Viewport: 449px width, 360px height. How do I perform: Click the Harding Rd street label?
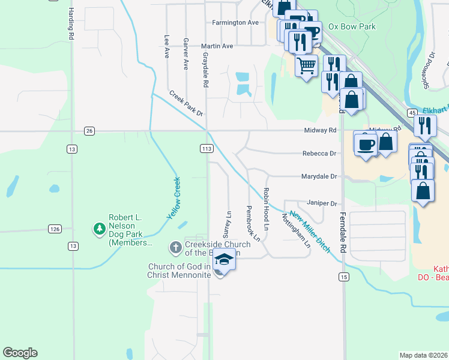click(x=71, y=25)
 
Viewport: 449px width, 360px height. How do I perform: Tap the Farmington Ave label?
click(x=235, y=23)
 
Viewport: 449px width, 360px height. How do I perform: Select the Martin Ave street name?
click(x=217, y=46)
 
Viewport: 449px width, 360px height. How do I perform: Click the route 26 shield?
click(x=89, y=131)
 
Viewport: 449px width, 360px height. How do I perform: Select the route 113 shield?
click(x=205, y=148)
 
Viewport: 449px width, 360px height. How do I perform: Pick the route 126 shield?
click(x=55, y=229)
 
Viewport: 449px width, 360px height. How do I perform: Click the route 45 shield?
click(x=412, y=113)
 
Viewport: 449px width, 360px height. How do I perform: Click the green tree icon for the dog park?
click(x=98, y=229)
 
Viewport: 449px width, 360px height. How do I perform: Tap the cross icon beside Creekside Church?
click(x=175, y=247)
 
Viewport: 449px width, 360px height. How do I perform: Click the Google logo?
click(x=20, y=353)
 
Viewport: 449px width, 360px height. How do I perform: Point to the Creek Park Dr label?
click(x=185, y=103)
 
